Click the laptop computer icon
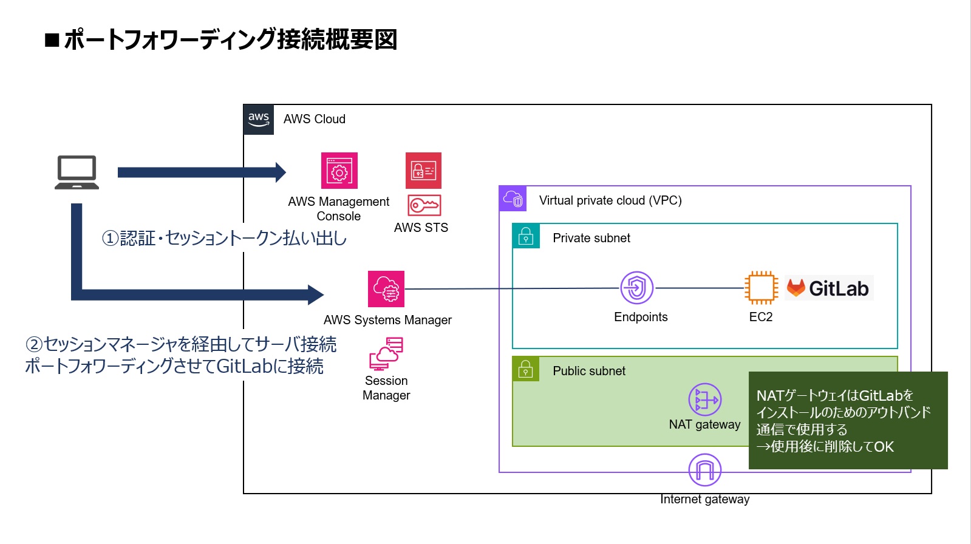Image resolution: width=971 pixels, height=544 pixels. [77, 172]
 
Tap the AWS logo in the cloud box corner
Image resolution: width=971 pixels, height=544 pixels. [259, 119]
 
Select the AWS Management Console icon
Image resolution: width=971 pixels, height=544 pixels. [339, 171]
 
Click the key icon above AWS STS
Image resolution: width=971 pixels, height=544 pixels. [424, 205]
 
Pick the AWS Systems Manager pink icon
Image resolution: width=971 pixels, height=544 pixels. [386, 289]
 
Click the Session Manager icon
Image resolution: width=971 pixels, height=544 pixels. [386, 354]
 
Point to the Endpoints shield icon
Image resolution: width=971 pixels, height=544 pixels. [636, 288]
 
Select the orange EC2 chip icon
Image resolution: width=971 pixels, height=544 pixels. [761, 288]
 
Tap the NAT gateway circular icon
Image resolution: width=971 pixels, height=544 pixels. [704, 399]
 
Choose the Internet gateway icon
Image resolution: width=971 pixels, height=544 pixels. [704, 470]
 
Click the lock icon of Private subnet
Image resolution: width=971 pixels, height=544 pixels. [526, 236]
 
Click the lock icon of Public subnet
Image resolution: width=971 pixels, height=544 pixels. [526, 369]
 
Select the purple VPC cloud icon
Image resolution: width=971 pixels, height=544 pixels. [513, 199]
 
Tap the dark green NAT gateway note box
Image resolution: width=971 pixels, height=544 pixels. [848, 420]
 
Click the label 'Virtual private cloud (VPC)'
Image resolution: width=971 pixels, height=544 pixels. [610, 200]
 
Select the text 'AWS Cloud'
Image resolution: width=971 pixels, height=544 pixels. [314, 119]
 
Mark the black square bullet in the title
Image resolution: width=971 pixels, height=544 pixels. [52, 41]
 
